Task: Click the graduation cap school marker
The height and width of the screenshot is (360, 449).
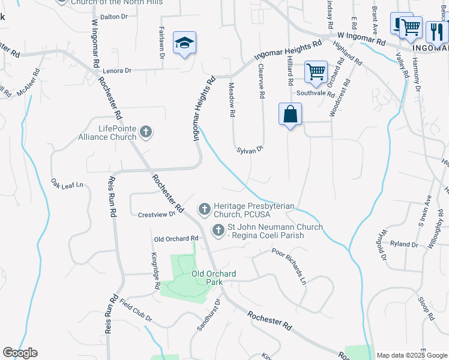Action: pos(185,43)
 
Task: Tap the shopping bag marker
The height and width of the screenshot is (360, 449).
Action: pos(290,113)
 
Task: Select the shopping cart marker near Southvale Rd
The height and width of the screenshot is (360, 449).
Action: pos(316,72)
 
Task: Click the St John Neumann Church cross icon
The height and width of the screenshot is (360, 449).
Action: pos(218,230)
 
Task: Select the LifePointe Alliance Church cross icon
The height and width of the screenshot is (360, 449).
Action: pos(145,131)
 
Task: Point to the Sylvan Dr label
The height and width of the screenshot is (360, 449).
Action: pos(250,150)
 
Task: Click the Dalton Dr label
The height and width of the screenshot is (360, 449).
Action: pos(115,17)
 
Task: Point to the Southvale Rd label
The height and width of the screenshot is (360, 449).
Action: pos(315,94)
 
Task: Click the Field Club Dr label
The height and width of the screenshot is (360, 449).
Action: pos(135,310)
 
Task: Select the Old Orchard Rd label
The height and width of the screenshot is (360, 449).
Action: pos(172,239)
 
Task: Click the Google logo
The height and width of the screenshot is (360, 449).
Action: pos(20,353)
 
